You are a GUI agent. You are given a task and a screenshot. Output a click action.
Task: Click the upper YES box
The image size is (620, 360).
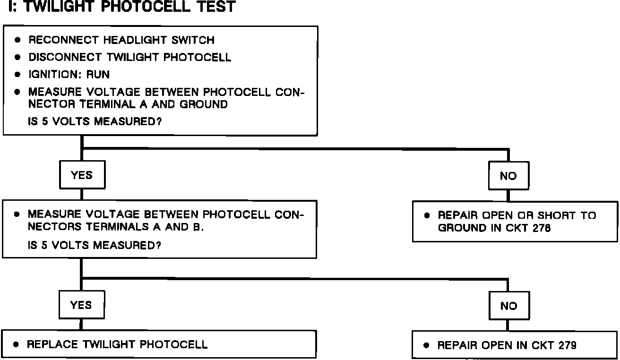click(82, 175)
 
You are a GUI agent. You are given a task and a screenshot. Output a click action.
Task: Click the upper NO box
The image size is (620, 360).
click(508, 176)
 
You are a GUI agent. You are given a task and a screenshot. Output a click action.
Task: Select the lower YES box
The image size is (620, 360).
click(81, 305)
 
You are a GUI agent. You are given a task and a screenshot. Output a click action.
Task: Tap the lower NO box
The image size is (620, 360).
click(508, 306)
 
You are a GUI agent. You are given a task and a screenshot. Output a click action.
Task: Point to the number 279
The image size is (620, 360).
click(567, 345)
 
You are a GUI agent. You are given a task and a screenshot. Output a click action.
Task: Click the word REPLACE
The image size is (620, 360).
click(52, 344)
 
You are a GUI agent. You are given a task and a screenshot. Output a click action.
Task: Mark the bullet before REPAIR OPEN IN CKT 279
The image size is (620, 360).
click(427, 345)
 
